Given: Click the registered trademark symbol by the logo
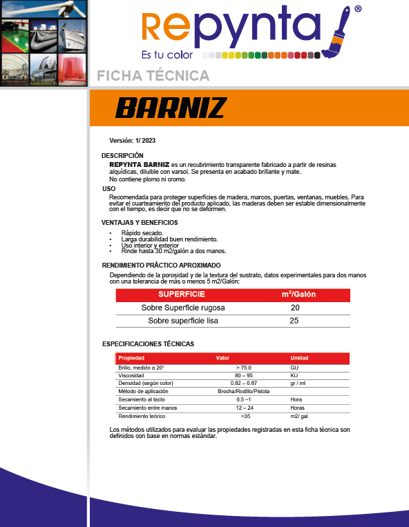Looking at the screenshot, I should (357, 10).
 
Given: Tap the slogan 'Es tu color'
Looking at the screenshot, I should (167, 54).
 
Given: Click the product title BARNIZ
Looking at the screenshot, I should (171, 108).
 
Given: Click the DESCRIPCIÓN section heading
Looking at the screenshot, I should (122, 156).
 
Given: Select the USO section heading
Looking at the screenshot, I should (108, 188).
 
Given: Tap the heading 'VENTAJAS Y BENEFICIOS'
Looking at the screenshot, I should (140, 222).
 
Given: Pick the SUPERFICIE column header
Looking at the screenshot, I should (182, 295).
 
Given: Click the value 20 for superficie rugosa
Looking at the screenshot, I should (295, 308).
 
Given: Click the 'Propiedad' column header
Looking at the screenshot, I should (131, 358).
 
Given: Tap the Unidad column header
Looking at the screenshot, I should (299, 358).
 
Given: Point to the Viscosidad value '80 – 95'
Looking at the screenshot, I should (243, 375).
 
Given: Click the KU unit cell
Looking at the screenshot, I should (294, 375).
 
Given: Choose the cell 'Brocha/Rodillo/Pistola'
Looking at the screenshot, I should (243, 391).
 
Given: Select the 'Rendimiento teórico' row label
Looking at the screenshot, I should (142, 416).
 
